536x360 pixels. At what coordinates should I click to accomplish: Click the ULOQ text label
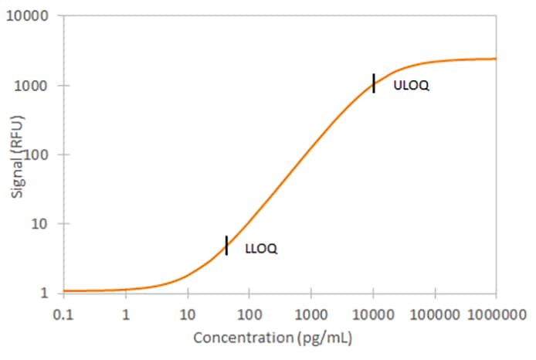click(411, 86)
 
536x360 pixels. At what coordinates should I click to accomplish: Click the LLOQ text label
click(260, 249)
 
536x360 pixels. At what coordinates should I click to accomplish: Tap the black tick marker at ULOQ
click(374, 83)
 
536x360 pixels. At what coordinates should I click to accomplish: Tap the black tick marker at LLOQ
click(226, 245)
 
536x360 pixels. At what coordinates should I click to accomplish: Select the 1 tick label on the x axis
click(125, 314)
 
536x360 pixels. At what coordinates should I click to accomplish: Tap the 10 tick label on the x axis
click(187, 314)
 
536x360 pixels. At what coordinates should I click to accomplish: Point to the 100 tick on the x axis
click(249, 314)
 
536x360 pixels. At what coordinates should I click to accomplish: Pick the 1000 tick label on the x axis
click(310, 314)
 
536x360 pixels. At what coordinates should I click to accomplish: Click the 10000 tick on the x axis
click(373, 314)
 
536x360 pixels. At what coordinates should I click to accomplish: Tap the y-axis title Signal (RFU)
click(17, 155)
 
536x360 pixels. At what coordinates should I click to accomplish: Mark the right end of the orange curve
click(495, 59)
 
